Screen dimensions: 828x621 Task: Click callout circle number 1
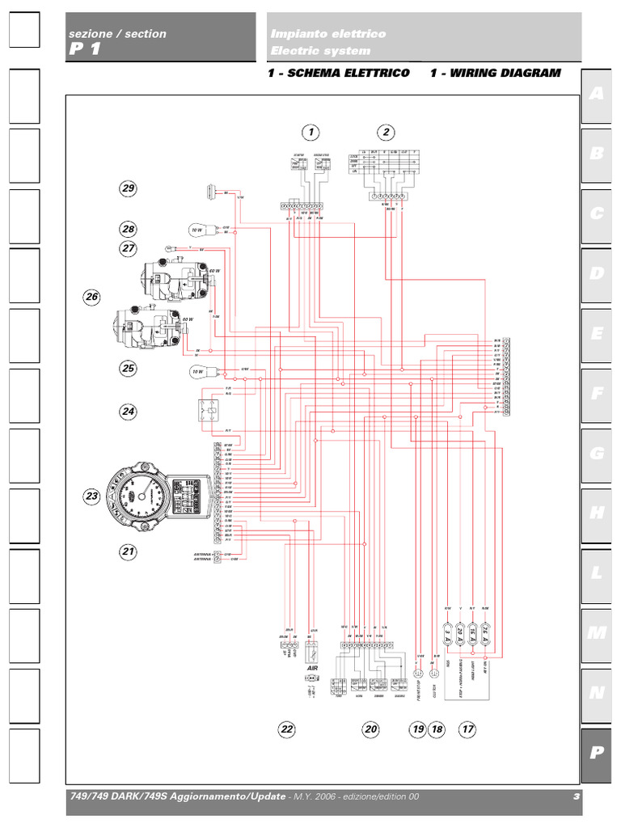(310, 132)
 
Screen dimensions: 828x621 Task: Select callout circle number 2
(387, 132)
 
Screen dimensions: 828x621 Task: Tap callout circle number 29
(128, 188)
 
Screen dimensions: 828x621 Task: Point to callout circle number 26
(92, 298)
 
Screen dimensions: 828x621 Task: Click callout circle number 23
(92, 496)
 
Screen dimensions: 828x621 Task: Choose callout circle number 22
(287, 729)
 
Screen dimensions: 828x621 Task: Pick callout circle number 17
(467, 729)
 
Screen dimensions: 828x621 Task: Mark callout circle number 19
(418, 729)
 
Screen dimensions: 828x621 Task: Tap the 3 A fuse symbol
(448, 633)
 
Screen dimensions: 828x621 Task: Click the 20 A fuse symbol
(461, 633)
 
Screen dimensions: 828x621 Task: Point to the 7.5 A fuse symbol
(486, 633)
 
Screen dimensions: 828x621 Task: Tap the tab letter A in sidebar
(597, 94)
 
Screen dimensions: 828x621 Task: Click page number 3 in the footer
(577, 797)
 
